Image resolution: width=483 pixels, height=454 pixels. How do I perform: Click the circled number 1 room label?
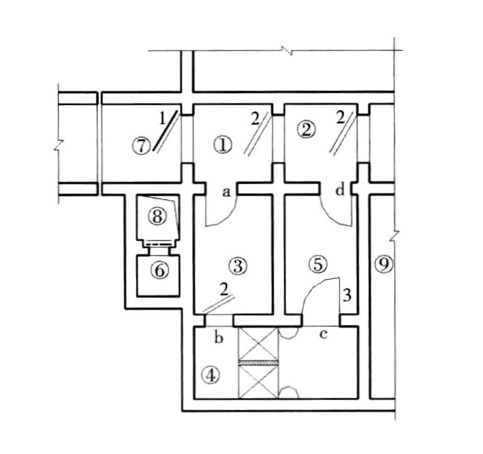point(223,145)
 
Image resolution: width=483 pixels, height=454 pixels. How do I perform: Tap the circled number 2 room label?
point(306,130)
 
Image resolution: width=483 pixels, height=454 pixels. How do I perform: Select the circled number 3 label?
point(239,266)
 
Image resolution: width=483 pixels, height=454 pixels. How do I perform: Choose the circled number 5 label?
point(318,264)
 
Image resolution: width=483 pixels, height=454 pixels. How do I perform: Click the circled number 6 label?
point(160,271)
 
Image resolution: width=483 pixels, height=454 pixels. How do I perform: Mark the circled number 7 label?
point(142,146)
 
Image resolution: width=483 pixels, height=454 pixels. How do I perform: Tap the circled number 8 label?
point(157,216)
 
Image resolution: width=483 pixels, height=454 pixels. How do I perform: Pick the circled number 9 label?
point(384,265)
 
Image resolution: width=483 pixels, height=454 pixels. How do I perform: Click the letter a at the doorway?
point(227,193)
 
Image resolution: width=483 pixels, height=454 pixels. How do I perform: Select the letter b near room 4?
point(219,338)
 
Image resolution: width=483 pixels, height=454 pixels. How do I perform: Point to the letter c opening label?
point(323,334)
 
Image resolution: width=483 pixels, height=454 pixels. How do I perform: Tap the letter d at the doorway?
point(340,190)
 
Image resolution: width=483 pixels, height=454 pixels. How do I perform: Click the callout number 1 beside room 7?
point(162,118)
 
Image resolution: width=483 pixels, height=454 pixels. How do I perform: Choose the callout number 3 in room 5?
point(347,295)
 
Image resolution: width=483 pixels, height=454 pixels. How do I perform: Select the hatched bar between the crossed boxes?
point(258,363)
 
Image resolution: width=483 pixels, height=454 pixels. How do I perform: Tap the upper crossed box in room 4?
point(258,343)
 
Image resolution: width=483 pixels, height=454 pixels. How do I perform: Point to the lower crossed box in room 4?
point(258,382)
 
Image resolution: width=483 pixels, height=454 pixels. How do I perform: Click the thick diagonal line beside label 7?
point(166,131)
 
